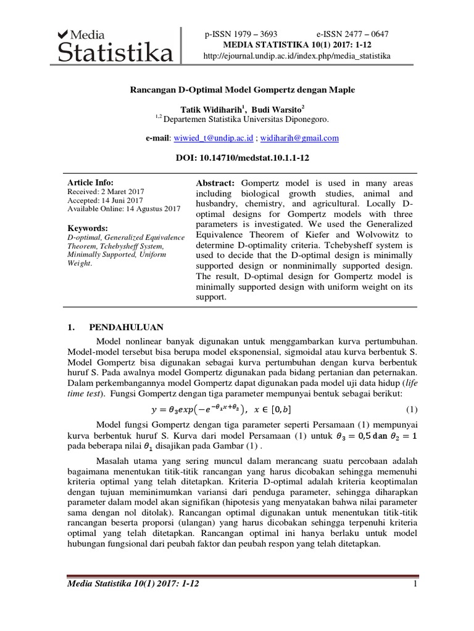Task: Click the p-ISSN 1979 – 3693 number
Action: tap(241, 35)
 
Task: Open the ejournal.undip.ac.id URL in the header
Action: tap(297, 56)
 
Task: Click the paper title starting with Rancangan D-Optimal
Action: tap(242, 90)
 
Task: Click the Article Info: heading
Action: tap(90, 183)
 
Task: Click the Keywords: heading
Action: tap(88, 227)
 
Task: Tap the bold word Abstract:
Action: tap(215, 184)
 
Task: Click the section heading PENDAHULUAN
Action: tap(126, 328)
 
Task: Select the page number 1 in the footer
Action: tap(416, 584)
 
